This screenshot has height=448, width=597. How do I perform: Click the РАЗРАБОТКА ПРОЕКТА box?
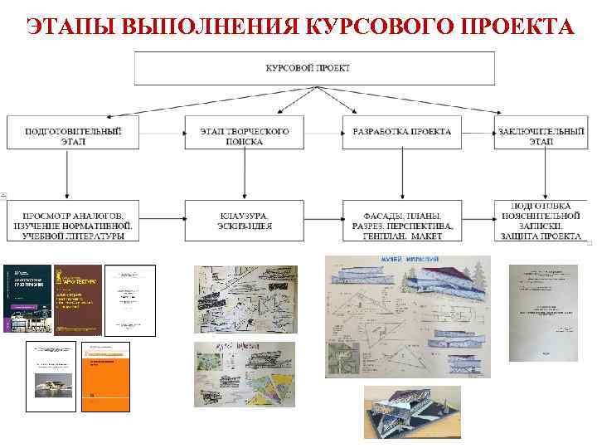pos(402,133)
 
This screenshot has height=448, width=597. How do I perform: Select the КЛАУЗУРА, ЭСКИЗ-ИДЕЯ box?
pos(245,221)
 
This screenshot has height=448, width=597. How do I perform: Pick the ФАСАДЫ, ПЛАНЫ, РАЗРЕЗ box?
pos(402,221)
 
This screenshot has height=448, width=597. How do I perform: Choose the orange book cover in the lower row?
pos(107,376)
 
